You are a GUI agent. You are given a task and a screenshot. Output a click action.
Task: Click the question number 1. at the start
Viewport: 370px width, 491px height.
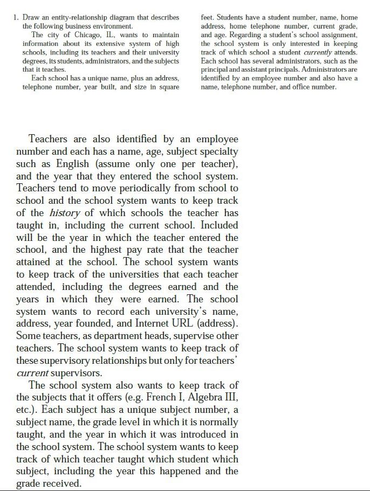tap(16, 18)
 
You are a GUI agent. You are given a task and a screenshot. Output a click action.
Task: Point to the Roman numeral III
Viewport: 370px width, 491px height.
tap(231, 398)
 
